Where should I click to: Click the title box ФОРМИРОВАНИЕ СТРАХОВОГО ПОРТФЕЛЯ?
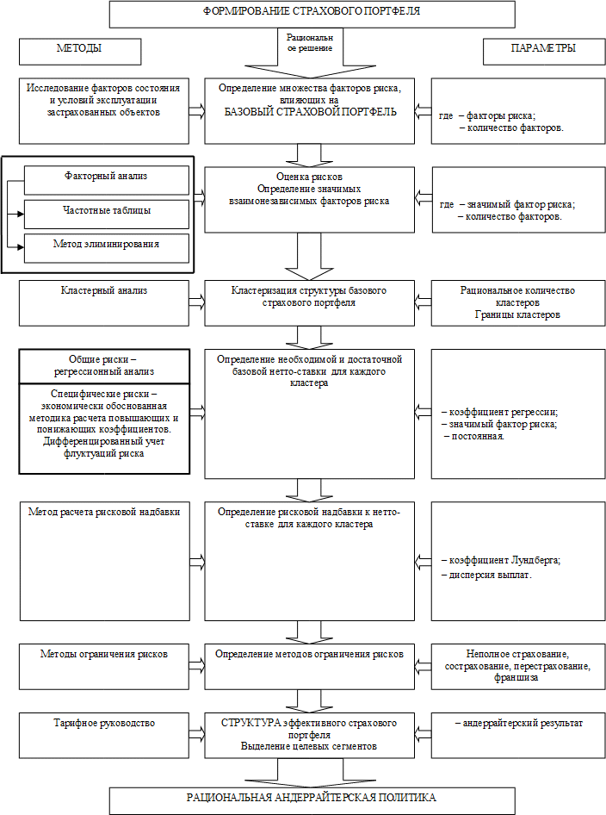[x=312, y=14]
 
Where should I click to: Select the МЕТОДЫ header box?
[x=80, y=52]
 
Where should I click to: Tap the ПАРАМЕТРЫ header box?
[x=544, y=52]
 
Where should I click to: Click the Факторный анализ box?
[x=107, y=180]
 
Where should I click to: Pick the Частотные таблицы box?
[x=107, y=215]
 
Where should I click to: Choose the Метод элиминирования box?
[x=107, y=248]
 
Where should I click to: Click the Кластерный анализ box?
[x=104, y=303]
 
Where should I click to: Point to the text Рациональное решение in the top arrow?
[x=310, y=42]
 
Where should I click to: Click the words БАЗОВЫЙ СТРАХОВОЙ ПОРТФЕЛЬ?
[x=311, y=112]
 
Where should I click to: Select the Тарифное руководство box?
[x=104, y=735]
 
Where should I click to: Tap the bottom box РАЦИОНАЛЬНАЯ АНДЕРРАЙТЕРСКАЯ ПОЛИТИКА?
[x=312, y=801]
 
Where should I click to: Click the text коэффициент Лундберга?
[x=504, y=560]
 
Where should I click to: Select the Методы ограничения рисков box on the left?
[x=104, y=667]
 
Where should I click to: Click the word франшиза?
[x=516, y=678]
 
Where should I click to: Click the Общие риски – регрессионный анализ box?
[x=104, y=366]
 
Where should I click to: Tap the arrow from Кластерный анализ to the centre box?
[x=197, y=303]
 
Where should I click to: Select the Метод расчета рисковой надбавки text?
[x=104, y=512]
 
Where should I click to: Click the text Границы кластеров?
[x=517, y=314]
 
